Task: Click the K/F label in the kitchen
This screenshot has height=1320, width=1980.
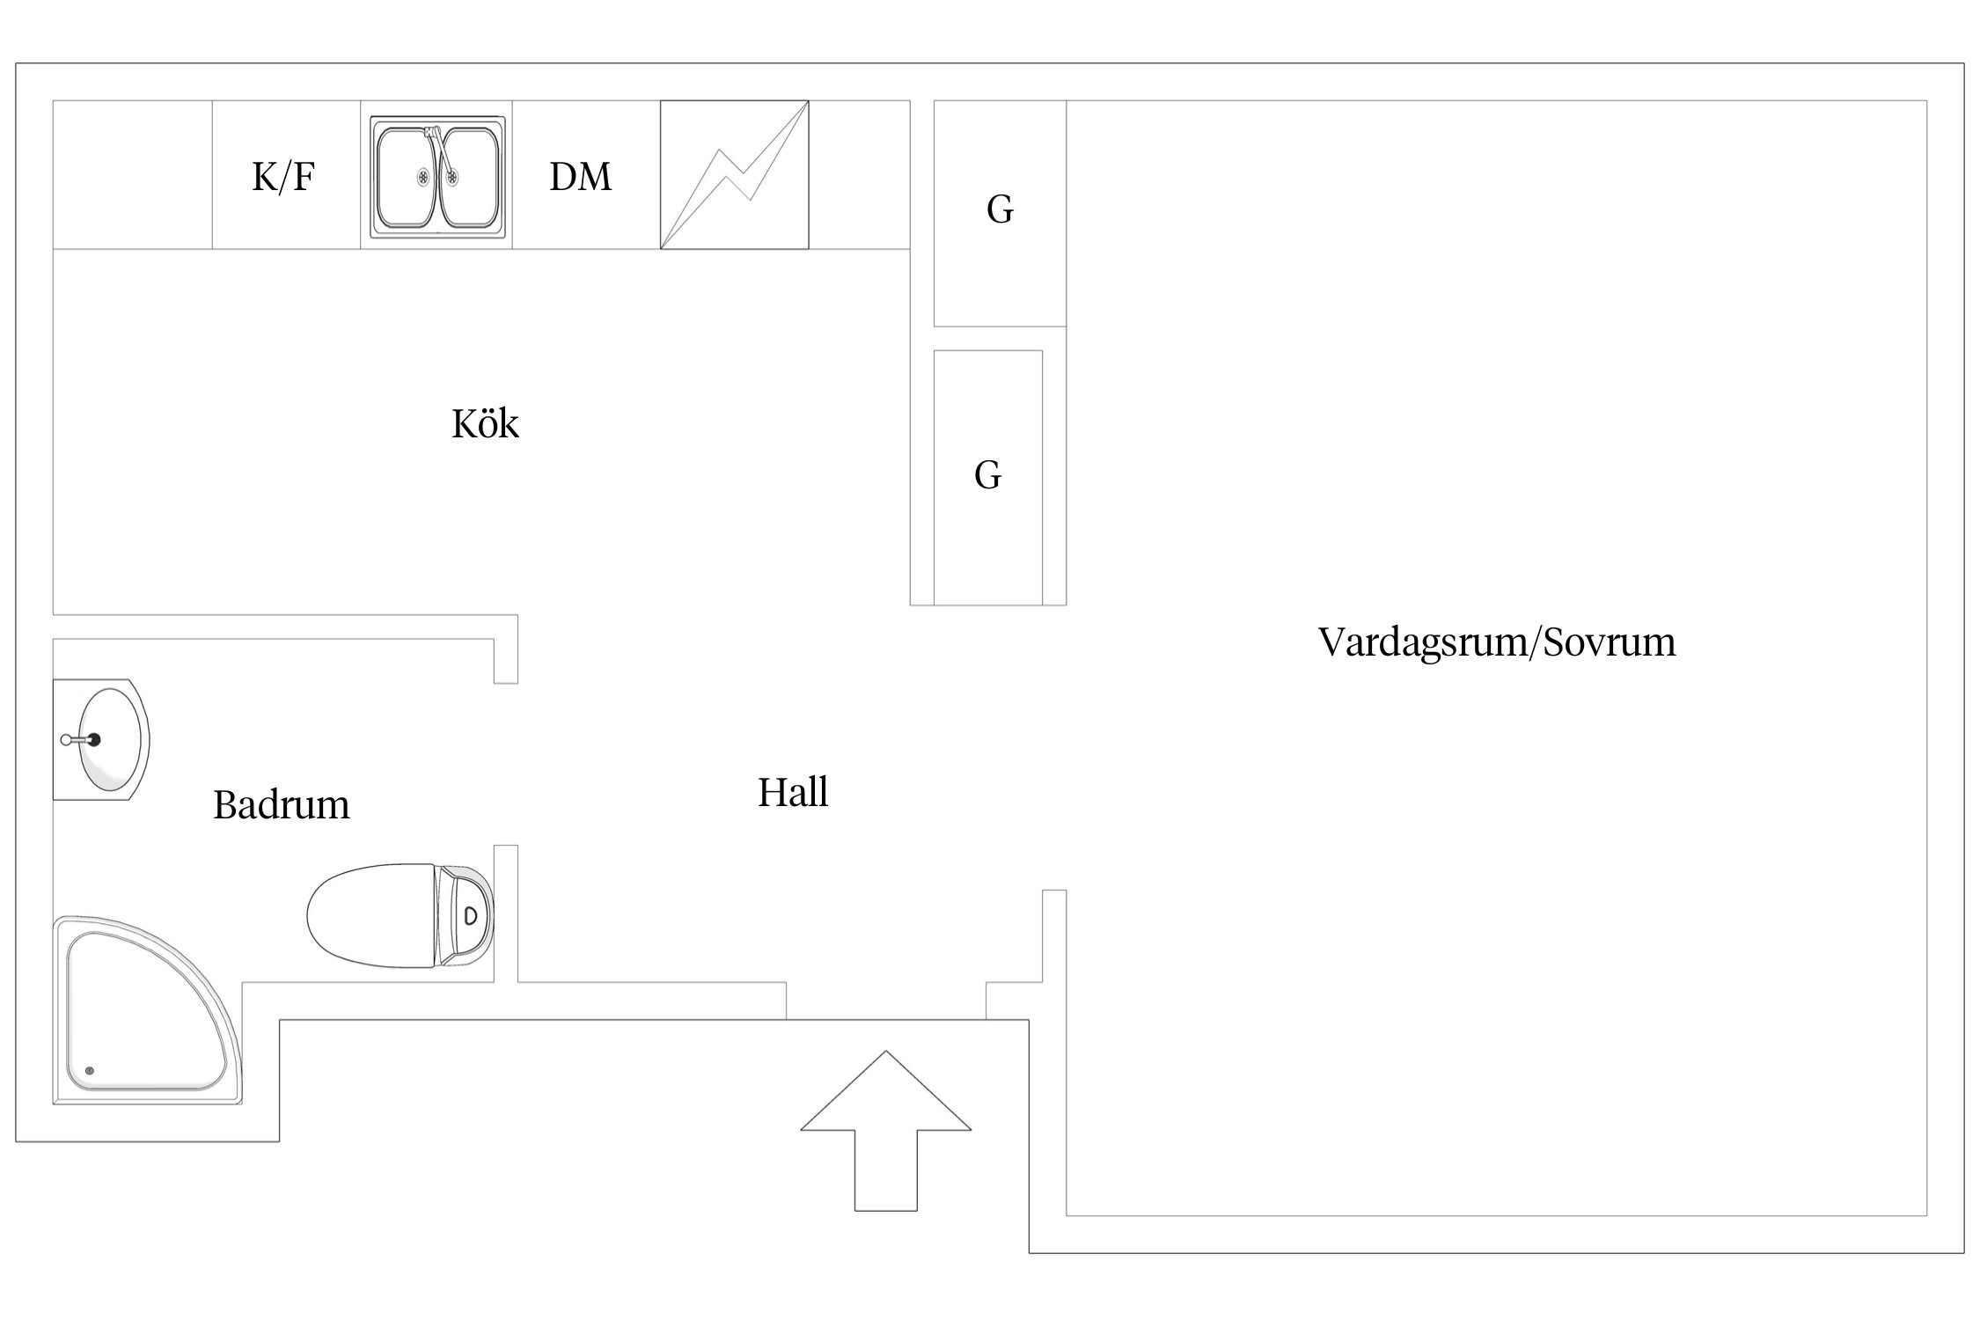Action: [283, 177]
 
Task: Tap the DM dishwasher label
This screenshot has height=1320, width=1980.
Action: [580, 177]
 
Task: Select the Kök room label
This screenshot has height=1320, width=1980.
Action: [485, 424]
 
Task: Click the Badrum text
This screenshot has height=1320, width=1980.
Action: [281, 805]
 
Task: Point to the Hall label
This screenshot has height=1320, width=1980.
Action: [793, 792]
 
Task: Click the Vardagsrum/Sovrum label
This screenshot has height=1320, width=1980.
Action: [1496, 642]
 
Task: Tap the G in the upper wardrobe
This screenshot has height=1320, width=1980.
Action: [1000, 210]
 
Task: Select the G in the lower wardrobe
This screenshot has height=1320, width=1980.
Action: [987, 475]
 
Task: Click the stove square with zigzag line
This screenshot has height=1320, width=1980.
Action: [734, 175]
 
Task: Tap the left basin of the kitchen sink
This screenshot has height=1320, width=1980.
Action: [407, 176]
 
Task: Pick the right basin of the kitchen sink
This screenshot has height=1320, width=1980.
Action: [469, 176]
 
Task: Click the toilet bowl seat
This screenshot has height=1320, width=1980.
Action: [370, 916]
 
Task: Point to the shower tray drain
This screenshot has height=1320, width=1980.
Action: [88, 1071]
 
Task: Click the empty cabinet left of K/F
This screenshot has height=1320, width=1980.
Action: [132, 175]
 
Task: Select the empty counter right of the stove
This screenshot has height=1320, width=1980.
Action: [859, 175]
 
